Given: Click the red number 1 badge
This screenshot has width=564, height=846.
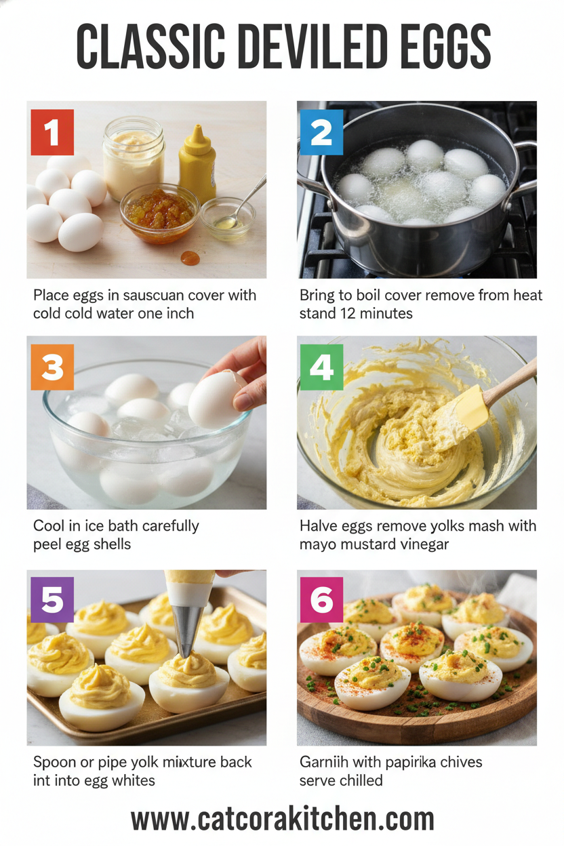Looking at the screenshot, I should tap(52, 133).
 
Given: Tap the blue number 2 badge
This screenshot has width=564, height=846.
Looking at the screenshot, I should tap(321, 133).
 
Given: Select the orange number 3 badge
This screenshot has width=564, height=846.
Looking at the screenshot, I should tap(52, 367).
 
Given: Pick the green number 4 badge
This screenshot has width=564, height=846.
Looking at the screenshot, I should tap(321, 367).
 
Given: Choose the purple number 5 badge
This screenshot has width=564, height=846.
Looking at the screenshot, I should tap(52, 600).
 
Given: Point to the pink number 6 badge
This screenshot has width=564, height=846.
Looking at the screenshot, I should tap(321, 600).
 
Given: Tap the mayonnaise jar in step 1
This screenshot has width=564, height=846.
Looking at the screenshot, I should tap(133, 157).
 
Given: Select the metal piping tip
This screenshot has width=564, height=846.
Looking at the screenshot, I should tap(189, 628).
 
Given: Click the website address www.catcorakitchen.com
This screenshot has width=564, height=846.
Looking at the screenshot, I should tap(282, 819).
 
